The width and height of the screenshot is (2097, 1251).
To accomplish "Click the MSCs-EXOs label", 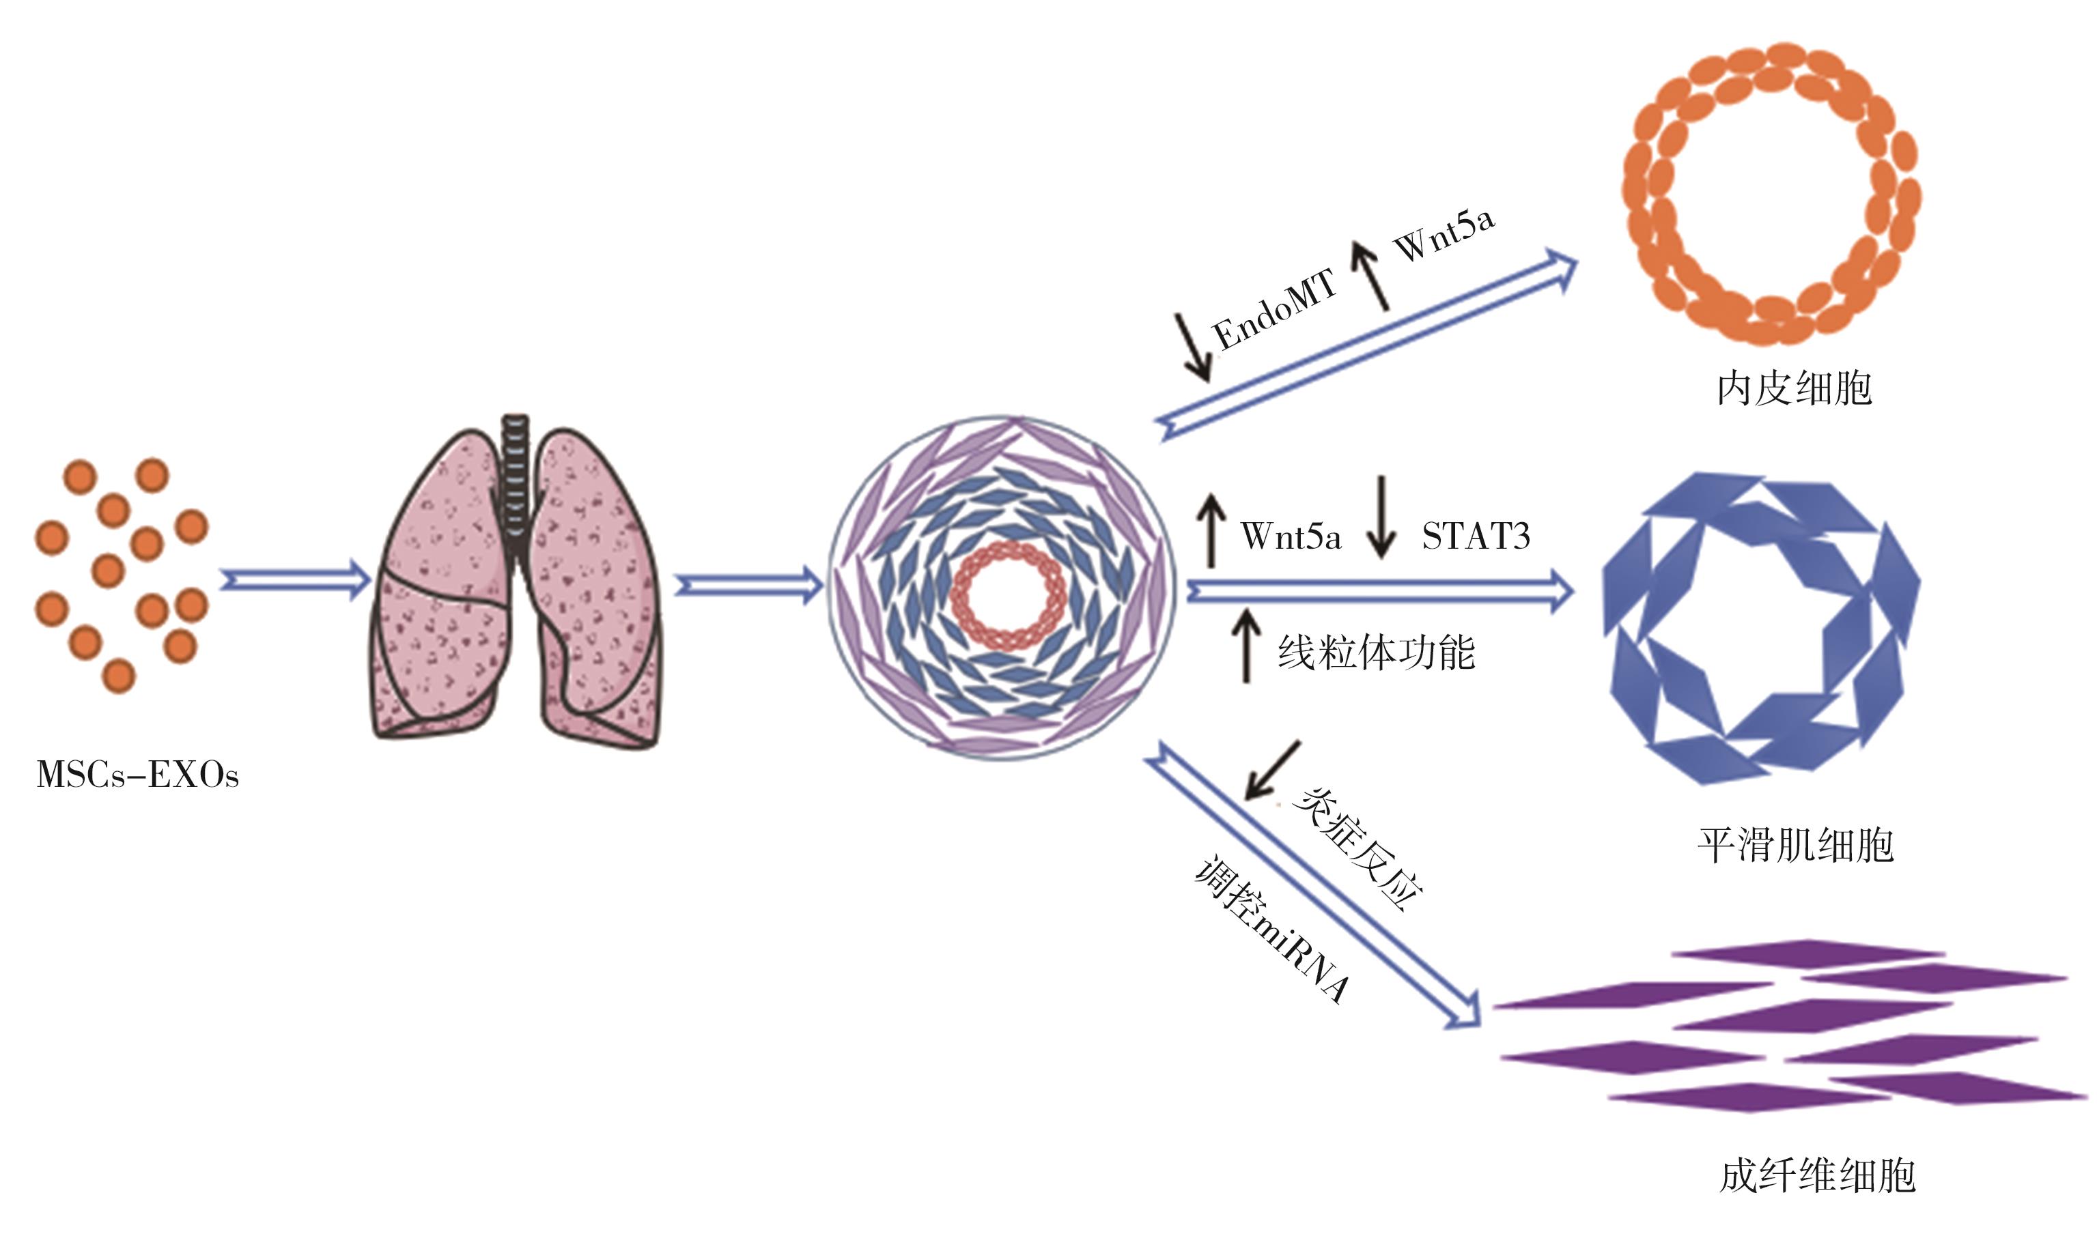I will (x=137, y=775).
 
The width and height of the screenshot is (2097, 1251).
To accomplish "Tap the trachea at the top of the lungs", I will (x=515, y=472).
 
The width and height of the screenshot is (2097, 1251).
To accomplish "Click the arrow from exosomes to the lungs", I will (x=295, y=581).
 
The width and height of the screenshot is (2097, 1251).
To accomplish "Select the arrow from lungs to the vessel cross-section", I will (x=749, y=584).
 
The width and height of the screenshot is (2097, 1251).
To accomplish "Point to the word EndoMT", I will (x=1274, y=309).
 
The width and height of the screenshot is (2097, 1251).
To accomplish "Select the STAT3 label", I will (x=1476, y=537).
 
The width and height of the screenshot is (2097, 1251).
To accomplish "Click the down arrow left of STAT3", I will (x=1381, y=517).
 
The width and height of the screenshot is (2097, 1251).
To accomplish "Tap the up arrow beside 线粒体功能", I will (x=1246, y=646).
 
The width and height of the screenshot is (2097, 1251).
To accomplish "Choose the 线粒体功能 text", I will (x=1376, y=653).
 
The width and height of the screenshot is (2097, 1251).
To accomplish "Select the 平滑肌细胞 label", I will (x=1795, y=846).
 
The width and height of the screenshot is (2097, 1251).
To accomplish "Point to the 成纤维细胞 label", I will (x=1817, y=1176).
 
